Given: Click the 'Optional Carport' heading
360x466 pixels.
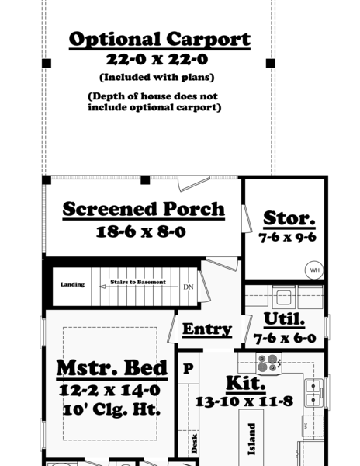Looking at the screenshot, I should (159, 39).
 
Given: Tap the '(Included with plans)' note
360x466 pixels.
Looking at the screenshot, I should (157, 77).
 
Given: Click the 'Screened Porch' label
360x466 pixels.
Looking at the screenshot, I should (144, 209).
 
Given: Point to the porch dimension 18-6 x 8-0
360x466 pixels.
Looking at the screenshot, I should (141, 231).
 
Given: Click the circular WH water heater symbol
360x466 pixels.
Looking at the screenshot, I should (314, 270).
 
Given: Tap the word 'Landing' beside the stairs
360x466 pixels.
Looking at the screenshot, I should (72, 285).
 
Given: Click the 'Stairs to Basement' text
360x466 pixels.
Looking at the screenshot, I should (137, 282).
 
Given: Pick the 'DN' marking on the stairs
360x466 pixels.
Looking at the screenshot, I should (188, 287).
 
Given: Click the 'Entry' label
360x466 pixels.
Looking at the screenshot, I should (207, 329).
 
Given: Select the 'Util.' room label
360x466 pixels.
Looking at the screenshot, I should (284, 319).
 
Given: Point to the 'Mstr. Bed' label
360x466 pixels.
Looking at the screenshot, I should (112, 367).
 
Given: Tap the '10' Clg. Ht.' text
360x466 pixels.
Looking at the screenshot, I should (111, 409).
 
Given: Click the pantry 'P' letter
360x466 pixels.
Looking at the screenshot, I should (187, 370).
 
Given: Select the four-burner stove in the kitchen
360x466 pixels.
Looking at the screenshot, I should (268, 362).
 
